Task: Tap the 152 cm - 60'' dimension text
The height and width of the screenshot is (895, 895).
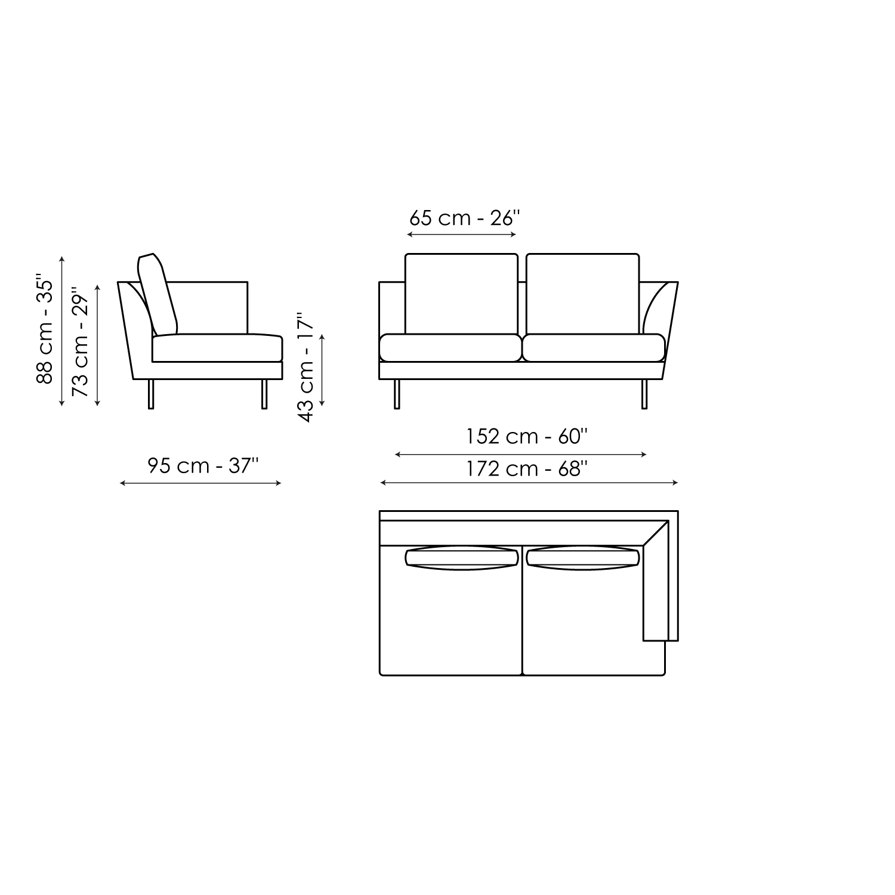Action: pyautogui.click(x=527, y=437)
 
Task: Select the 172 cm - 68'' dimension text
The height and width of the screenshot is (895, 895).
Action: pyautogui.click(x=527, y=469)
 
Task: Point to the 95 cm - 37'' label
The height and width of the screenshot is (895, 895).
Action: pyautogui.click(x=203, y=465)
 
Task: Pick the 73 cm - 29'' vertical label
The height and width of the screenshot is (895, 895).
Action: pyautogui.click(x=80, y=342)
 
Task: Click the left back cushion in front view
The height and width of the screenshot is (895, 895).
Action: pyautogui.click(x=461, y=294)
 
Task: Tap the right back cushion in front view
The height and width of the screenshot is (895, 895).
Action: pyautogui.click(x=583, y=294)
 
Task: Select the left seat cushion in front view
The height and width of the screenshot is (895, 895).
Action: pyautogui.click(x=450, y=348)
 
